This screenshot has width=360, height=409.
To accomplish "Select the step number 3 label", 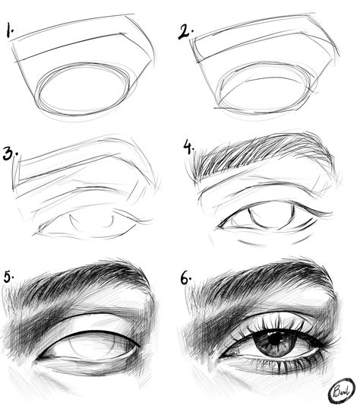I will click(x=11, y=155).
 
